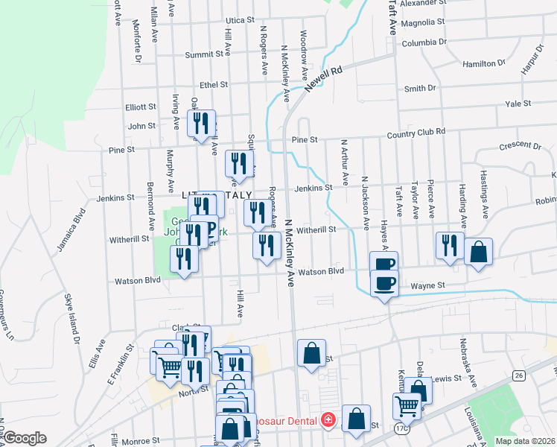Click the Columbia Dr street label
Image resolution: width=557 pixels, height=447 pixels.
tap(424, 43)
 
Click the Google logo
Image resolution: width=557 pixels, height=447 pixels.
tap(25, 438)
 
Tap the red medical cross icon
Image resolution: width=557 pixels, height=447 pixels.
tap(327, 420)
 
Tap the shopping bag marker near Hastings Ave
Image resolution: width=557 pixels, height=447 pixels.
tap(478, 253)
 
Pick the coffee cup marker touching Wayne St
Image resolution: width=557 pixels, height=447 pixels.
tap(385, 287)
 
